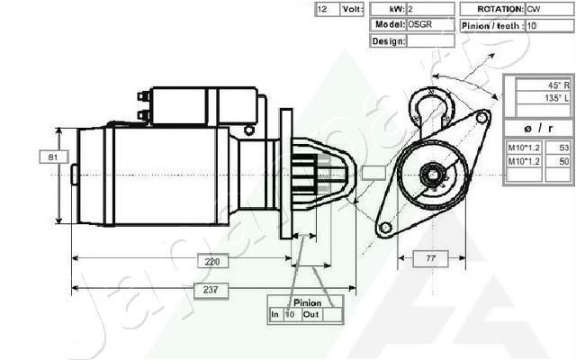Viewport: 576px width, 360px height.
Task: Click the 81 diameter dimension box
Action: click(54, 157)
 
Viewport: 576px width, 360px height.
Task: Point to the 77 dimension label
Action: click(430, 259)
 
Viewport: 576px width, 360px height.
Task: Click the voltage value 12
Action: click(323, 9)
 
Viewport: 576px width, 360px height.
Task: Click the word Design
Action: click(387, 41)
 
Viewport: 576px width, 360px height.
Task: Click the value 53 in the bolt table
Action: click(564, 147)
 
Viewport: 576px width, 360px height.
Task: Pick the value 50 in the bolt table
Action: click(564, 161)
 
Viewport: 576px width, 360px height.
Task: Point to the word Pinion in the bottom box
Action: click(307, 303)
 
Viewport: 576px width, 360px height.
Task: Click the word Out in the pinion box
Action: click(311, 315)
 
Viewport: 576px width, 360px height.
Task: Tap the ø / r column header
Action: click(538, 125)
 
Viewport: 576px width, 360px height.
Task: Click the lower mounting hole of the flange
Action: click(385, 228)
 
